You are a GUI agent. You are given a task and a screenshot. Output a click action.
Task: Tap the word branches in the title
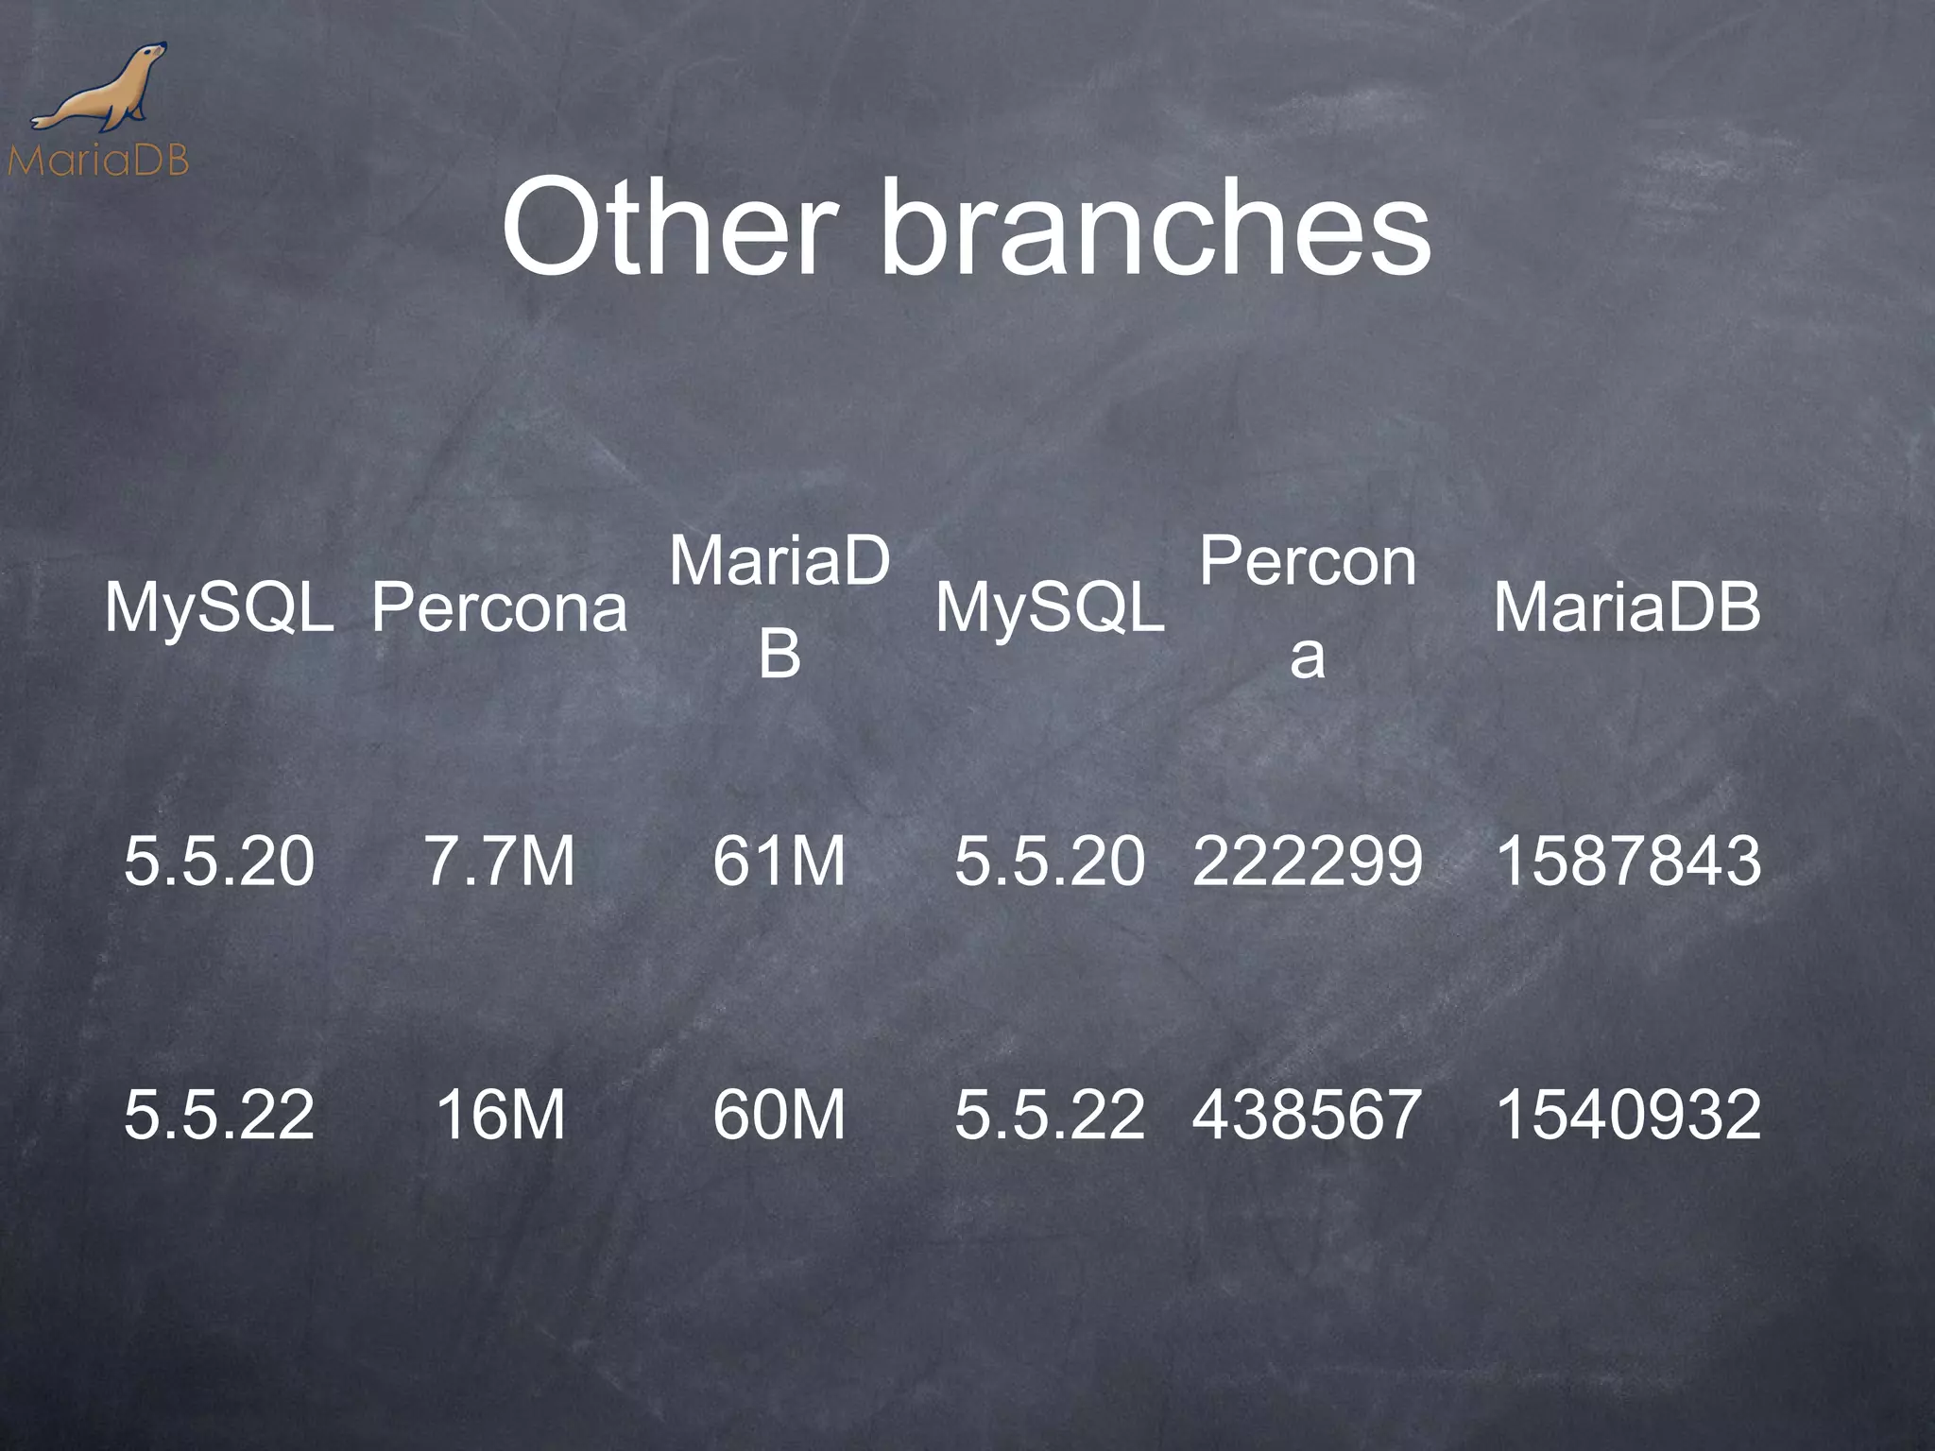point(1155,230)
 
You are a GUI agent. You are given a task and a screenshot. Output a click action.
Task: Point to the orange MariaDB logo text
point(98,162)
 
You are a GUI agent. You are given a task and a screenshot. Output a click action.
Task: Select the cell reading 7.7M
point(500,861)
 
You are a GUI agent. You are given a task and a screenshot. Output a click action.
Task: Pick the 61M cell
point(779,861)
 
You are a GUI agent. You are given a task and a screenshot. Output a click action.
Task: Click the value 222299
point(1307,861)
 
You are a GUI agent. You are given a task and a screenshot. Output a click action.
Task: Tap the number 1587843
point(1627,861)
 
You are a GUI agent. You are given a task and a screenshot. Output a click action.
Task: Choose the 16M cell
point(500,1115)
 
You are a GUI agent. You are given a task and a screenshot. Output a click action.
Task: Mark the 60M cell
point(779,1115)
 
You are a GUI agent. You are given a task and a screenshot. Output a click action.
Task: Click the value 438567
point(1307,1115)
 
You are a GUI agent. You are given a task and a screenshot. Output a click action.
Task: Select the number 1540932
point(1627,1115)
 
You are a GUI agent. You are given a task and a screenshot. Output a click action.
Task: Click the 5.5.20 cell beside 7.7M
point(219,861)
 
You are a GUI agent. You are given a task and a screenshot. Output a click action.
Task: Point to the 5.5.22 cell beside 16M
point(219,1115)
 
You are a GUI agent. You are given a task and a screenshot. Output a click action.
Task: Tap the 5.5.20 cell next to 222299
point(1049,861)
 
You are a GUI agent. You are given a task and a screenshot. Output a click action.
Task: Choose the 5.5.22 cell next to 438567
point(1049,1115)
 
